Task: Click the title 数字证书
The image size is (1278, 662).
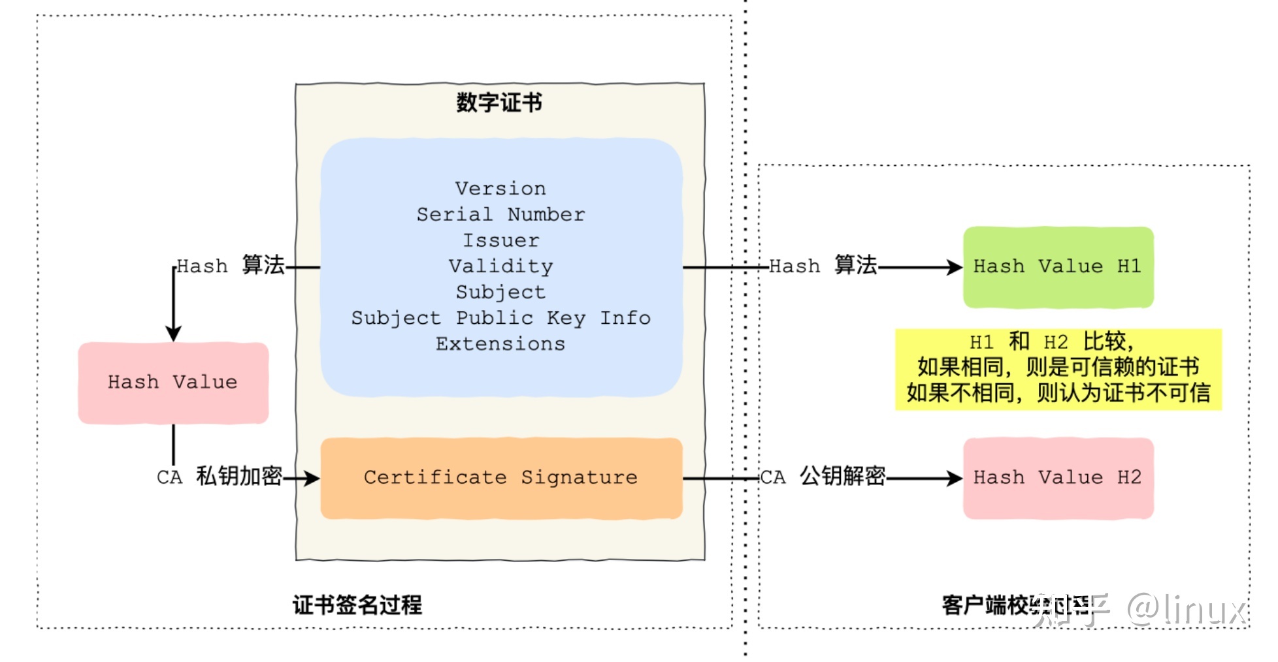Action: (x=499, y=102)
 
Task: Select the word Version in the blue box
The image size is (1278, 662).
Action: (x=500, y=189)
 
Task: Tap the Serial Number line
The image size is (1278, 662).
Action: (x=500, y=214)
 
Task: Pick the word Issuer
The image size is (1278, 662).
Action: (x=500, y=240)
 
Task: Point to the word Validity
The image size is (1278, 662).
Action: (x=500, y=266)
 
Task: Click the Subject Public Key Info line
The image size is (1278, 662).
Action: (x=500, y=318)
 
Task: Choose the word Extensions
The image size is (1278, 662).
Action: (x=500, y=344)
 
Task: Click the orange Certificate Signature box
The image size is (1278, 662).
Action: (x=500, y=478)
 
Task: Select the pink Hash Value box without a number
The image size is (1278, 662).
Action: (x=173, y=383)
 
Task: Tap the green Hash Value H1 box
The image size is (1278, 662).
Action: (x=1058, y=266)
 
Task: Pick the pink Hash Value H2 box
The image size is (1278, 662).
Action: (x=1058, y=478)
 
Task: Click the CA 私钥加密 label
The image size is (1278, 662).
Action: (x=220, y=477)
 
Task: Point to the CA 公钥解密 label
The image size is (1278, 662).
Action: (x=823, y=477)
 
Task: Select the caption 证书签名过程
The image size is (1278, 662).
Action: (x=357, y=605)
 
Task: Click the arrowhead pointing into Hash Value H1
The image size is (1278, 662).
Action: (x=955, y=267)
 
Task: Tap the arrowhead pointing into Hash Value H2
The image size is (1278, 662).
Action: (x=955, y=479)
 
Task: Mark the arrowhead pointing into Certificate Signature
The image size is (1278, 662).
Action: (x=312, y=479)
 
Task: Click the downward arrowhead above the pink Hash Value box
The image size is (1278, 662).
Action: (x=173, y=334)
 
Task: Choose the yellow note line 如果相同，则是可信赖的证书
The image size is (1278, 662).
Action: (x=1058, y=368)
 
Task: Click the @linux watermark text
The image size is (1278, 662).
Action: (x=1186, y=610)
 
